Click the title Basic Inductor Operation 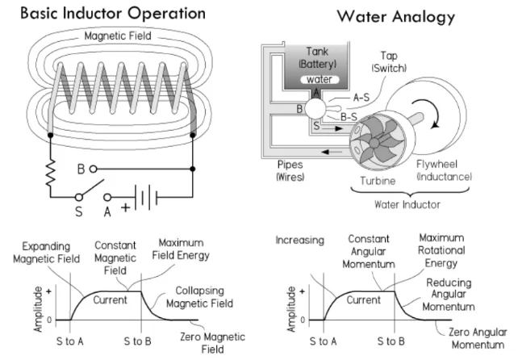coord(113,14)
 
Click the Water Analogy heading coord(396,16)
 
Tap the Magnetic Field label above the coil coord(118,36)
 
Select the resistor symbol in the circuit coord(51,173)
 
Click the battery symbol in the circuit coord(146,198)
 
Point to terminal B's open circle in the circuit coord(93,169)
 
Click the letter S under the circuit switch coord(78,211)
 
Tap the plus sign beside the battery coord(125,208)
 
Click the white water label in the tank coord(320,79)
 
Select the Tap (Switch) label coord(389,62)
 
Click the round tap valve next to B coord(315,108)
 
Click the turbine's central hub coord(374,143)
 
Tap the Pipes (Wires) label coord(290,170)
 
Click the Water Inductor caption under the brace coord(407,205)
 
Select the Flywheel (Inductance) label coord(444,170)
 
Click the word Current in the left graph coord(110,299)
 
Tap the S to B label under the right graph coord(391,341)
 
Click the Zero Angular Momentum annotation coord(478,338)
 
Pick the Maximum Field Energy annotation coord(181,249)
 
